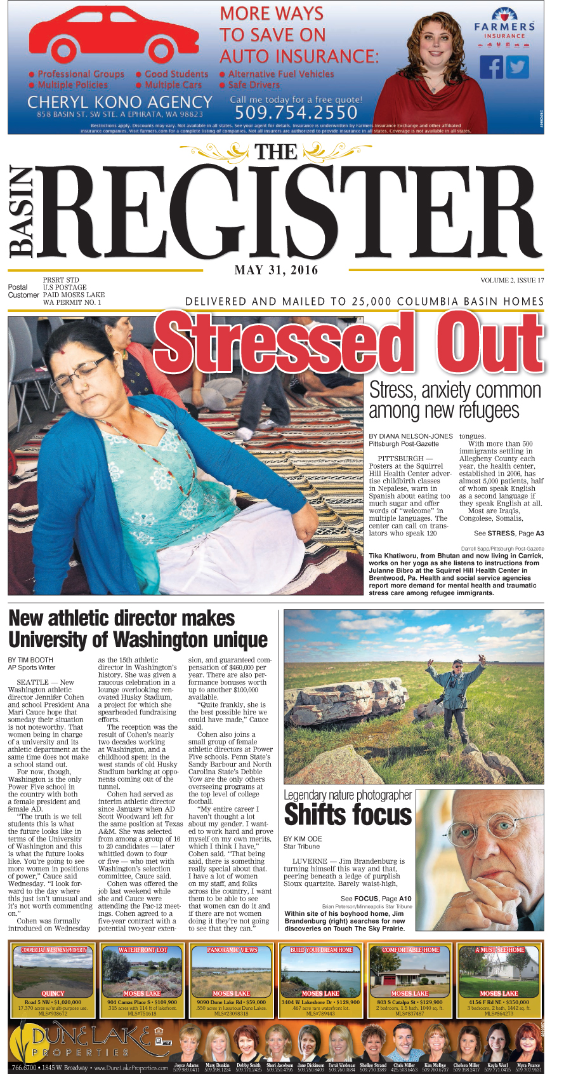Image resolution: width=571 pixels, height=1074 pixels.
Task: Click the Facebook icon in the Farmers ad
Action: (x=490, y=67)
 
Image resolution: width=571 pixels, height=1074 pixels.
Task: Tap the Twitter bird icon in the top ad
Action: (x=517, y=67)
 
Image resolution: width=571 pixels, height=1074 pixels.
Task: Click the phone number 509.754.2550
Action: (x=296, y=112)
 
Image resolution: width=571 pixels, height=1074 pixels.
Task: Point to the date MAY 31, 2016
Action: (x=276, y=270)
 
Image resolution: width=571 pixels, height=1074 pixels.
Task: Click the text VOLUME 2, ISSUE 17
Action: (x=512, y=280)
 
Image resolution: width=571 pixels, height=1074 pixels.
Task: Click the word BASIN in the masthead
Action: (x=22, y=213)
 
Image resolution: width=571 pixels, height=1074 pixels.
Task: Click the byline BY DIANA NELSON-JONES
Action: (x=410, y=436)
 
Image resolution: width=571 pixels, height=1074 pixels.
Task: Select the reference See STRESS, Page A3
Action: (x=508, y=534)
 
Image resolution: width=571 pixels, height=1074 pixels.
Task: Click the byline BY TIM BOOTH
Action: (x=30, y=660)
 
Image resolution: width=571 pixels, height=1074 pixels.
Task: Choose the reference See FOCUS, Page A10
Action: (x=376, y=899)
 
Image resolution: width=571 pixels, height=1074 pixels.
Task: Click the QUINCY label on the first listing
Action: (x=53, y=993)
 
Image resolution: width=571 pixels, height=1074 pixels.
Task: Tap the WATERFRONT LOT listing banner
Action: (x=142, y=950)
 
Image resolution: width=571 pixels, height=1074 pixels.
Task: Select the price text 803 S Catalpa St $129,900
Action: (x=410, y=1002)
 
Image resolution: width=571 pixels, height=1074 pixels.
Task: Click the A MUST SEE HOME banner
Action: (x=499, y=950)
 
